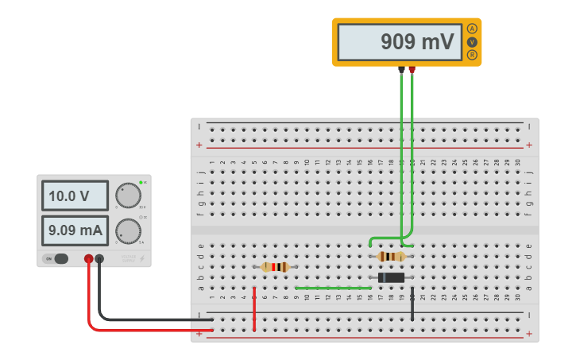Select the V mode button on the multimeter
(x=473, y=41)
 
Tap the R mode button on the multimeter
(x=473, y=55)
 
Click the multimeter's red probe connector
(x=412, y=69)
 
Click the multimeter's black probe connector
(x=401, y=69)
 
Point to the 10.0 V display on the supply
(x=75, y=195)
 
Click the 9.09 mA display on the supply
(x=75, y=230)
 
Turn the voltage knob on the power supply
(x=127, y=195)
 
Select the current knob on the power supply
(x=127, y=230)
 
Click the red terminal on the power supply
(x=88, y=258)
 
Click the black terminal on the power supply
(x=99, y=258)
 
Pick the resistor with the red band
(x=275, y=267)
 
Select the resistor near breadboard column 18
(x=391, y=257)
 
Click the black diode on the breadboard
(x=391, y=277)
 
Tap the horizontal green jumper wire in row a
(x=332, y=288)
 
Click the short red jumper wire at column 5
(x=254, y=310)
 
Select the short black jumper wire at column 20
(x=412, y=307)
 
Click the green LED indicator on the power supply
(x=141, y=183)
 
